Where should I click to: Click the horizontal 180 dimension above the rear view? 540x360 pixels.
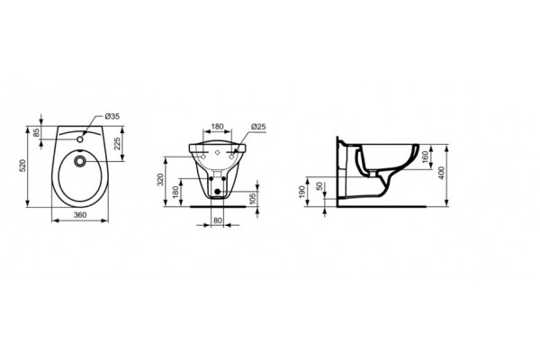(x=217, y=127)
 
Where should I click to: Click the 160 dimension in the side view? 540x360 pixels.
(x=424, y=156)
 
